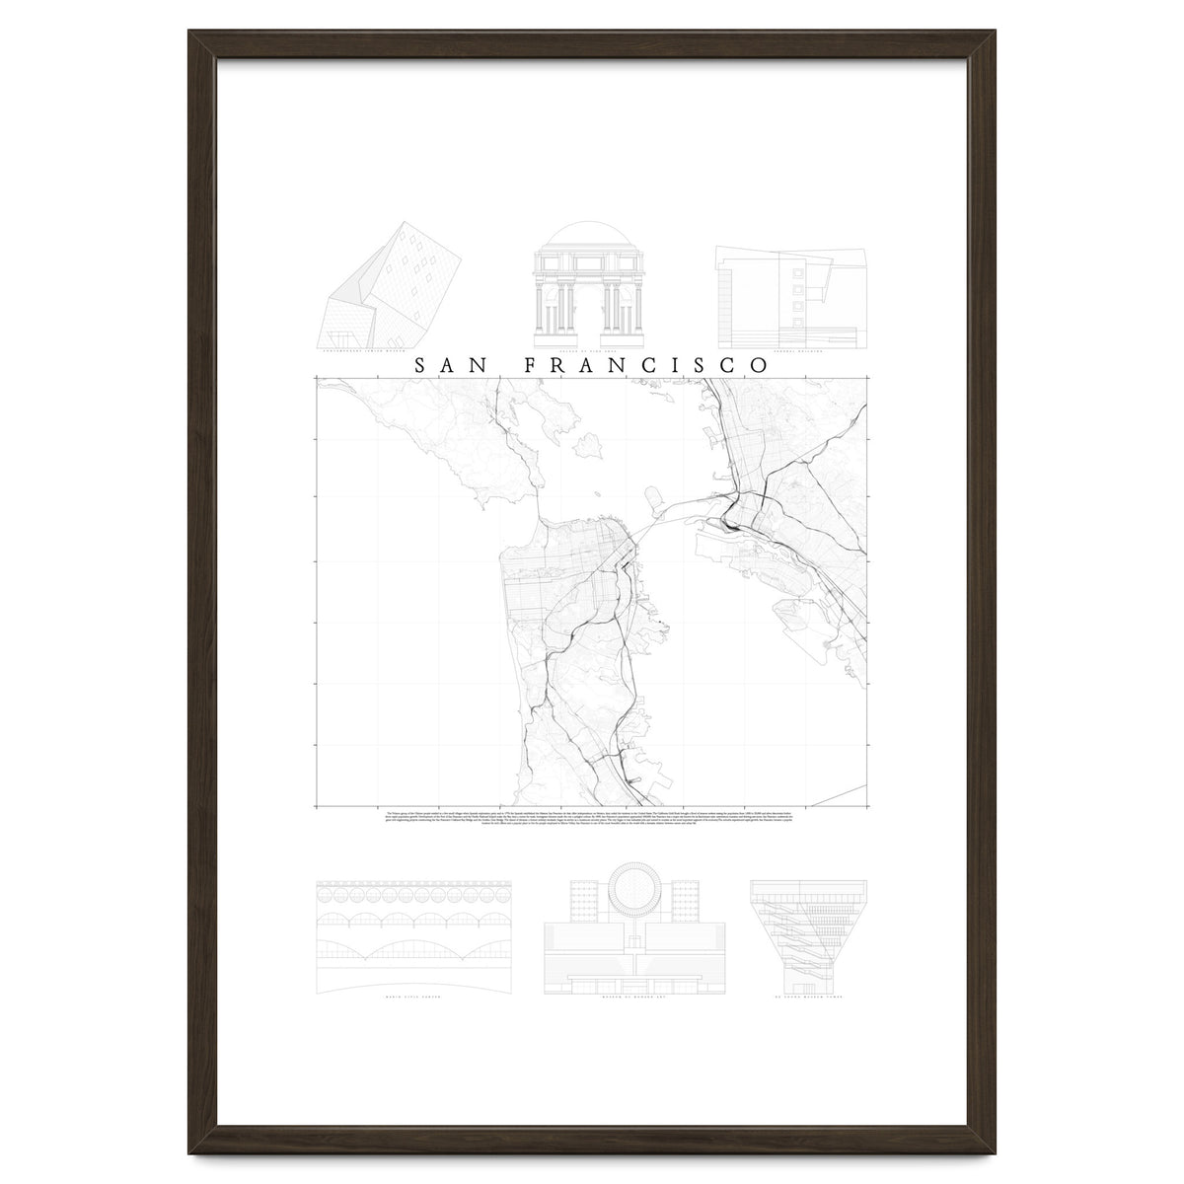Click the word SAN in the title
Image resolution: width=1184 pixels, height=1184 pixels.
[450, 364]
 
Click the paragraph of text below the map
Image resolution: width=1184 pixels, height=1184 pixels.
[592, 820]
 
